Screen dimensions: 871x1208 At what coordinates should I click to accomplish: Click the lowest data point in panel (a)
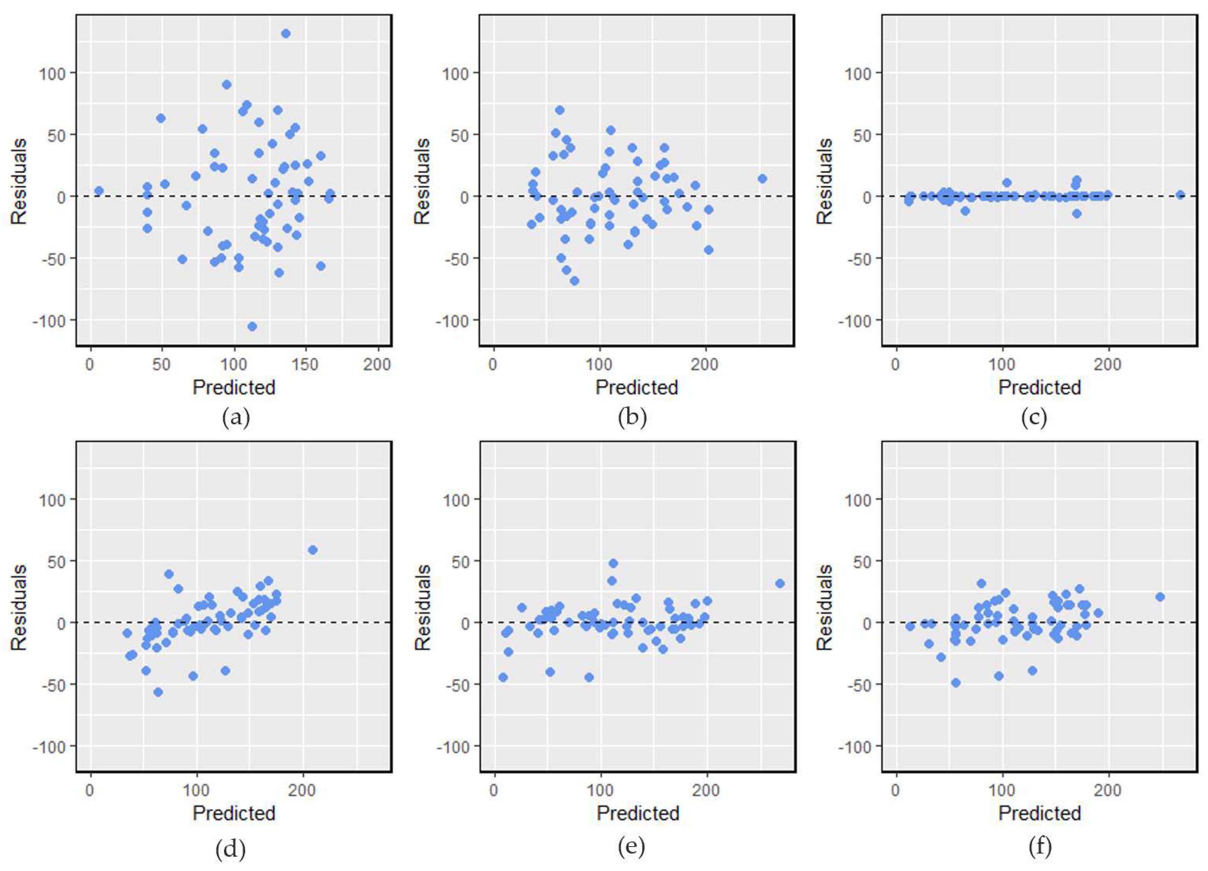(x=252, y=326)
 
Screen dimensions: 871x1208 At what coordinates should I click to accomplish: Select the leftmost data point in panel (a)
(x=99, y=191)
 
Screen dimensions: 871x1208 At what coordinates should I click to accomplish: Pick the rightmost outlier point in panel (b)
(x=762, y=179)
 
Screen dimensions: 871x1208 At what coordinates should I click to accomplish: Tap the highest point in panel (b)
(x=559, y=110)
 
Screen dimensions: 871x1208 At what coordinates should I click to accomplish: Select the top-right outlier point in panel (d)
(x=313, y=550)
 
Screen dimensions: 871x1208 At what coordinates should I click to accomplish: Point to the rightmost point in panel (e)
(x=780, y=583)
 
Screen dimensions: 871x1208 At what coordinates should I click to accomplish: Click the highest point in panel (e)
(x=613, y=563)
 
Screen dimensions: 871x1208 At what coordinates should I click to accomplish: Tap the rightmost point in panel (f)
(x=1160, y=597)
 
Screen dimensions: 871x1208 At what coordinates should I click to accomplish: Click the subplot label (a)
(x=236, y=417)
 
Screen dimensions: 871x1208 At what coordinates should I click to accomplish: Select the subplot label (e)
(x=632, y=846)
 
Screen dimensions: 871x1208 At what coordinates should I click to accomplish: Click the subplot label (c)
(x=1034, y=417)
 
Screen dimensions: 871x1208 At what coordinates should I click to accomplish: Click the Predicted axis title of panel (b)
(x=636, y=387)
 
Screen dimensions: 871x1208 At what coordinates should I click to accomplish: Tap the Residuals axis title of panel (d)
(x=19, y=607)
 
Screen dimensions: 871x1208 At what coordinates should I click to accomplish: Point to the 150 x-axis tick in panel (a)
(x=306, y=365)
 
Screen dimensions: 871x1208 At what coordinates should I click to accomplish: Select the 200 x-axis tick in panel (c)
(x=1108, y=365)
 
